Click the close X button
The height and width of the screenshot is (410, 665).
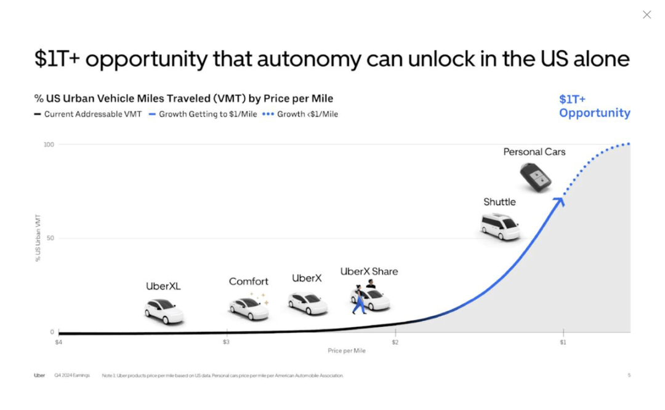[x=647, y=15]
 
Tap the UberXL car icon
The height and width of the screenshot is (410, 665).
[x=164, y=311]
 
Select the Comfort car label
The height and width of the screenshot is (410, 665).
[x=248, y=282]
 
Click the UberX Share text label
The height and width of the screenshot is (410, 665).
[x=369, y=271]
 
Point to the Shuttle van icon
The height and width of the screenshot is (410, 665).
[x=500, y=227]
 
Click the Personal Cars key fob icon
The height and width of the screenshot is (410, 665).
[x=536, y=178]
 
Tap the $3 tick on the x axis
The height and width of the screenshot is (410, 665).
[x=226, y=342]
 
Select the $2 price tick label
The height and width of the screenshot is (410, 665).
[x=395, y=342]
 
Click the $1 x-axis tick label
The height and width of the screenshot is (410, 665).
[x=563, y=342]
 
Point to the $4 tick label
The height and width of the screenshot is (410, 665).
[x=58, y=342]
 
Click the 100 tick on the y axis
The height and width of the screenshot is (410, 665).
[x=49, y=144]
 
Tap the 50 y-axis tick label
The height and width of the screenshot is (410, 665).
[x=50, y=238]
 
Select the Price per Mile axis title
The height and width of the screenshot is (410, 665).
[x=346, y=351]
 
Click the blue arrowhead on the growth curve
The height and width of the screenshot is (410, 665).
[x=559, y=201]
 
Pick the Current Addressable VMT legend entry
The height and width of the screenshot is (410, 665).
[x=88, y=114]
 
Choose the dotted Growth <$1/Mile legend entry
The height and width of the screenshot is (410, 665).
[x=300, y=114]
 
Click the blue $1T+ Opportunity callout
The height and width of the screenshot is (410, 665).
[x=594, y=106]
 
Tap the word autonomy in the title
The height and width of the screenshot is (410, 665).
[x=308, y=59]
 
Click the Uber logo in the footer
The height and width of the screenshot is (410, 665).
[x=39, y=375]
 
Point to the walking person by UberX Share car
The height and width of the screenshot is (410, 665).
[x=359, y=301]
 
